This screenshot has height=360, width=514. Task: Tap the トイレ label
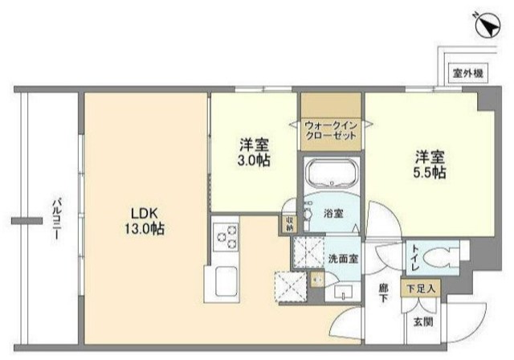(x=415, y=258)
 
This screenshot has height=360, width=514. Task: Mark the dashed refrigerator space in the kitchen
(x=290, y=284)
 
